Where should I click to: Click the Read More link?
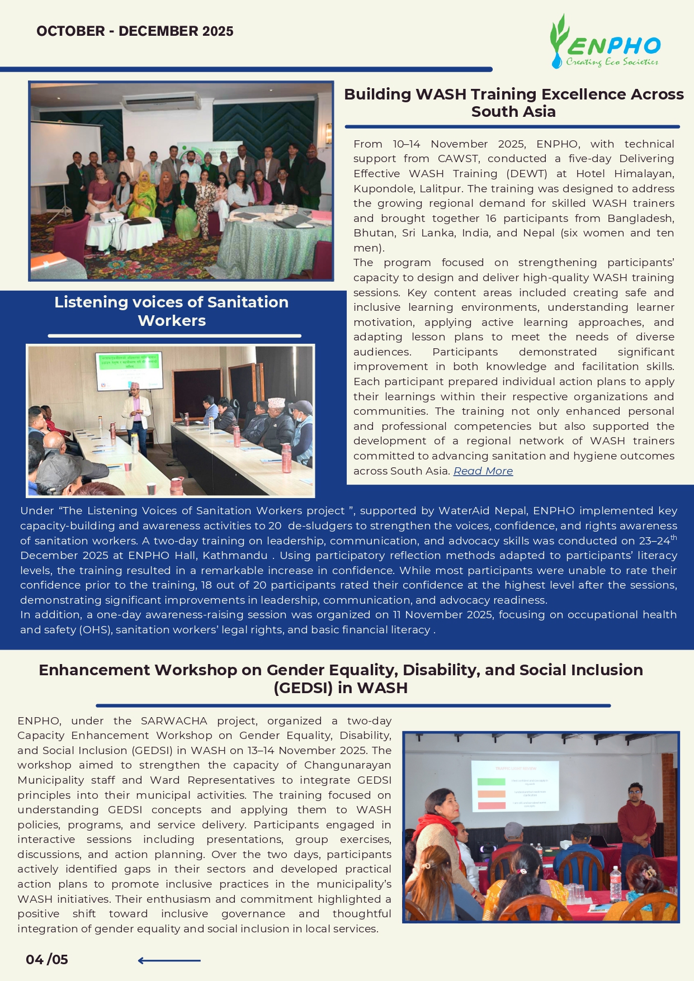click(483, 471)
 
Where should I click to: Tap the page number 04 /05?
click(47, 960)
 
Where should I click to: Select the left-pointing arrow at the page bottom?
click(169, 960)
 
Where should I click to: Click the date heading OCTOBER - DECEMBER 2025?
click(135, 31)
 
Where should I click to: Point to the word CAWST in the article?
click(458, 159)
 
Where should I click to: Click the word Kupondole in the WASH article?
click(381, 188)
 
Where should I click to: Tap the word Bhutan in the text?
click(372, 233)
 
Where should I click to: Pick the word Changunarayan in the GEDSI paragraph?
click(347, 765)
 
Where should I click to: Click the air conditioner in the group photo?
click(161, 102)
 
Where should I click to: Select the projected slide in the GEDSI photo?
click(515, 785)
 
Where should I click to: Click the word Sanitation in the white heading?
click(248, 302)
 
